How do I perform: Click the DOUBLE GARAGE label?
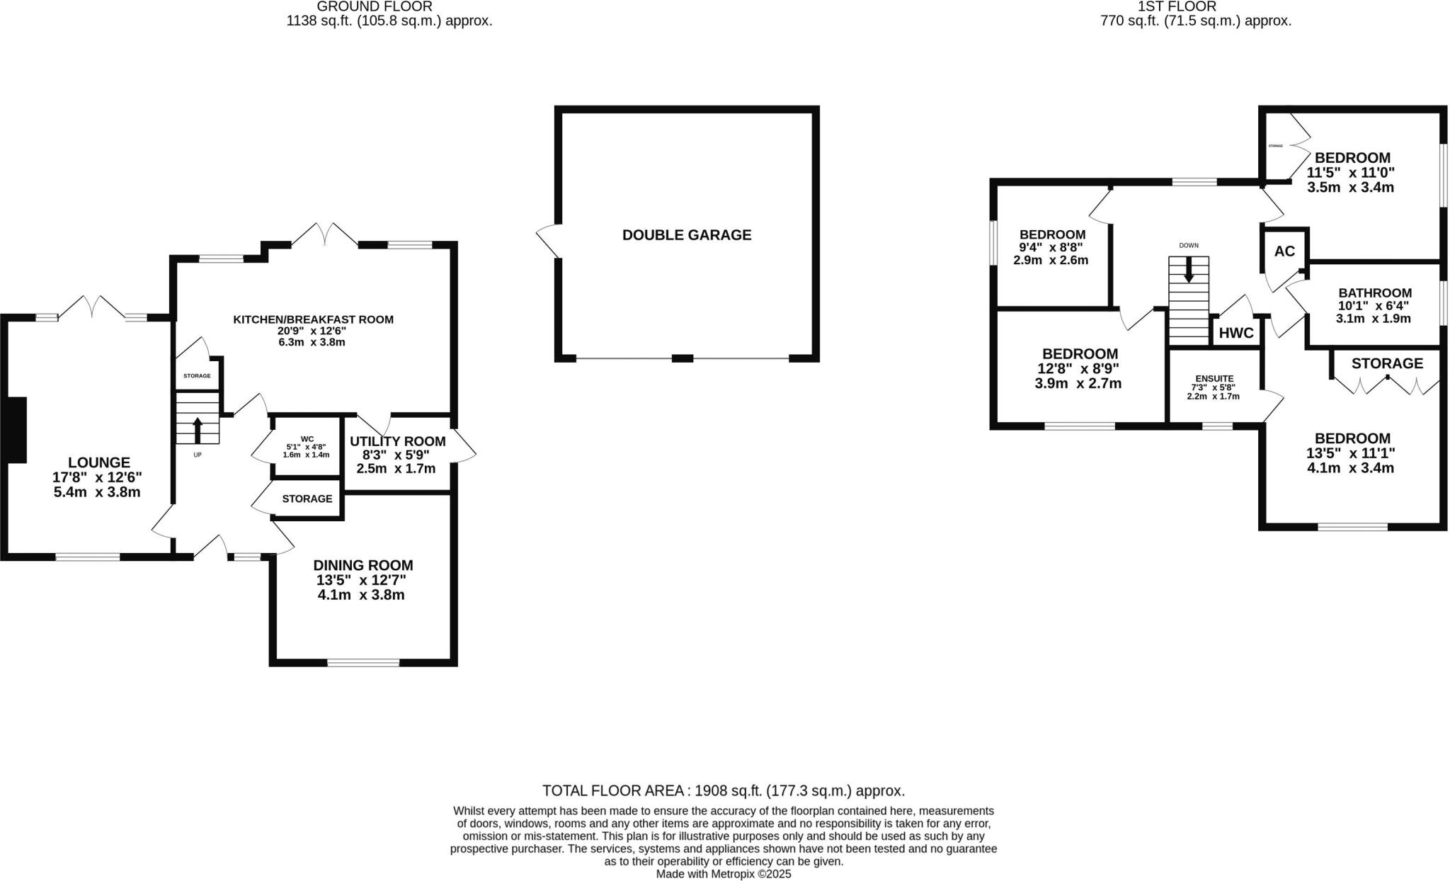point(686,235)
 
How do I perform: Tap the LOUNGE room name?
point(98,462)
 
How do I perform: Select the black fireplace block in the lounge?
point(16,430)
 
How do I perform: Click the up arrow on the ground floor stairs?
point(198,429)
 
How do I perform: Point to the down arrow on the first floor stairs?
point(1189,269)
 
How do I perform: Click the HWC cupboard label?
point(1236,334)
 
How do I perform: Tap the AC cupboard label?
point(1284,251)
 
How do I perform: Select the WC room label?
point(307,439)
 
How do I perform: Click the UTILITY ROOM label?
point(397,441)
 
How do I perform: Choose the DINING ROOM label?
point(362,565)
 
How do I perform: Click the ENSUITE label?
point(1214,379)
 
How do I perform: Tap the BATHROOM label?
point(1374,292)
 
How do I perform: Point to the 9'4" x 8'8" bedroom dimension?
point(1051,248)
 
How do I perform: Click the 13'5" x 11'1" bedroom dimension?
point(1350,453)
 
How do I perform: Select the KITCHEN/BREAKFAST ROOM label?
point(313,319)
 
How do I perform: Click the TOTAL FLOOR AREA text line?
point(723,791)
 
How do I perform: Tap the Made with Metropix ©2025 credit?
point(723,874)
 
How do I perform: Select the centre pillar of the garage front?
point(682,358)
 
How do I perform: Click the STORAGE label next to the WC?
point(307,499)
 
